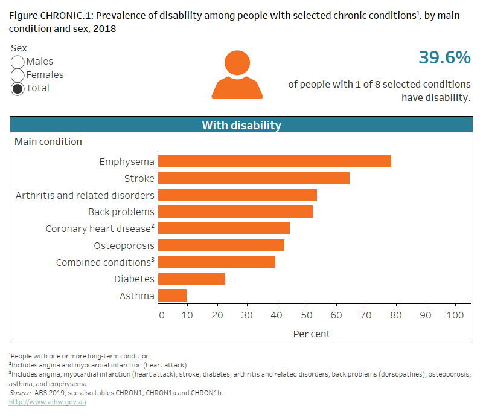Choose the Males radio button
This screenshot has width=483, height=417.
18,62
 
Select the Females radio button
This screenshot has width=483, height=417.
18,75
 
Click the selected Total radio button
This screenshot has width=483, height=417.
18,88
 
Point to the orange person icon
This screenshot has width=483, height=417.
237,74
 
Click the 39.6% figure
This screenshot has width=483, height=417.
444,57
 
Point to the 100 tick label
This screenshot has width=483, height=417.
455,315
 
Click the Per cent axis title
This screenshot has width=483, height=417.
312,334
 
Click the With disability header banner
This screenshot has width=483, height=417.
241,125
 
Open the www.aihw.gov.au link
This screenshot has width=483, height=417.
47,402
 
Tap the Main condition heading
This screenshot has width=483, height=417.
48,141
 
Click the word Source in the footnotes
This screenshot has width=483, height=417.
20,393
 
